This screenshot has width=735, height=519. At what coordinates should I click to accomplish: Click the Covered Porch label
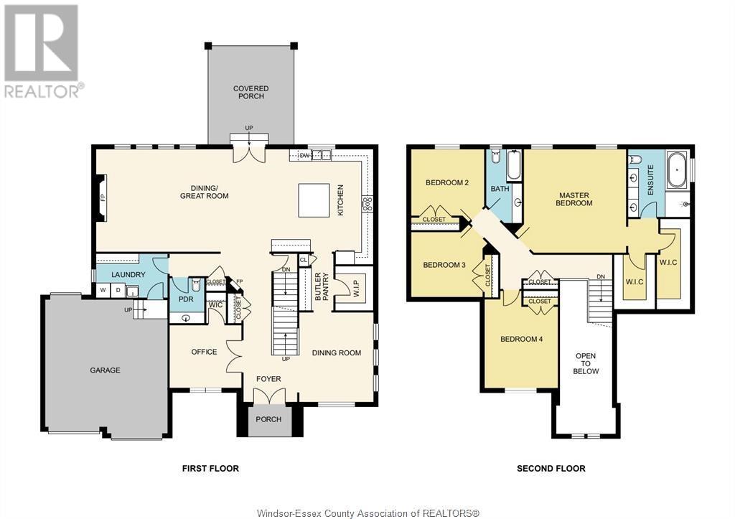pos(251,93)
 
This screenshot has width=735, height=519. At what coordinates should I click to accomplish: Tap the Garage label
pos(105,370)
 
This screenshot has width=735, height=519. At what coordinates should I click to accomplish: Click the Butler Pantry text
pos(322,286)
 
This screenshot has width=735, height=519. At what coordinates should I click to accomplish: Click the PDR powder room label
pos(185,299)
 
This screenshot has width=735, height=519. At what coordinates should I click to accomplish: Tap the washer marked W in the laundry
pos(103,291)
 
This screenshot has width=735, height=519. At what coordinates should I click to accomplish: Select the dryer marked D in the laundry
pos(118,291)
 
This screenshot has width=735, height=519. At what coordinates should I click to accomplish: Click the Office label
pos(204,352)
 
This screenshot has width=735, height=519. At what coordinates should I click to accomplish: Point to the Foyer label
pos(270,379)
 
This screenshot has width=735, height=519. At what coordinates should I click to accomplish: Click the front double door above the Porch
pos(270,396)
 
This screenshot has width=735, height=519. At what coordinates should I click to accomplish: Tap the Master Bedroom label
pos(574,199)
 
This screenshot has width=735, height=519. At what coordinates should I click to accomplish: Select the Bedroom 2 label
pos(447,182)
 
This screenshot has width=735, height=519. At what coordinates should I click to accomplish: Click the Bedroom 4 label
pos(521,339)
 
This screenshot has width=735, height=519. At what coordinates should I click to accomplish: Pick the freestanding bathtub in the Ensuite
pos(677,172)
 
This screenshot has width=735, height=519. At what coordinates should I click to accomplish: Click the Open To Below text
pos(586,363)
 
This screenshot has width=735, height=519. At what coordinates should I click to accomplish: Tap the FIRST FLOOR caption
pos(210,468)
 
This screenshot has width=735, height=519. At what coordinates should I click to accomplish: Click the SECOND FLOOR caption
pos(551,468)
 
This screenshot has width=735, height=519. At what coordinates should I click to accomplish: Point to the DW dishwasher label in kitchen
pos(305,154)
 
